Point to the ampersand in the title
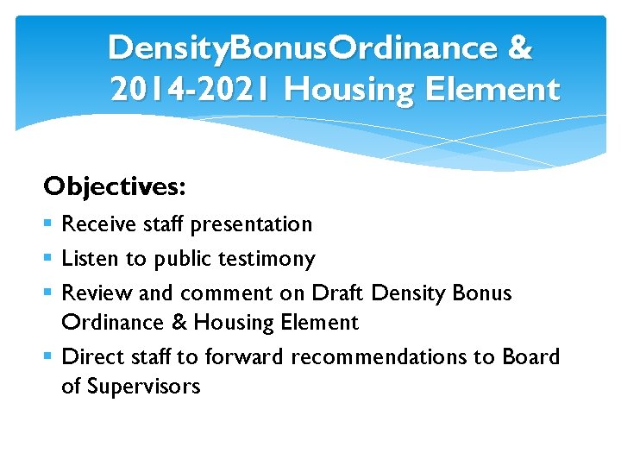point(520,49)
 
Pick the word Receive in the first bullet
point(97,224)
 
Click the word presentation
point(251,224)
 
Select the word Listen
point(89,259)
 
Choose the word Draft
point(337,293)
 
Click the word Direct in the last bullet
point(91,357)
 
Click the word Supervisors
point(141,387)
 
